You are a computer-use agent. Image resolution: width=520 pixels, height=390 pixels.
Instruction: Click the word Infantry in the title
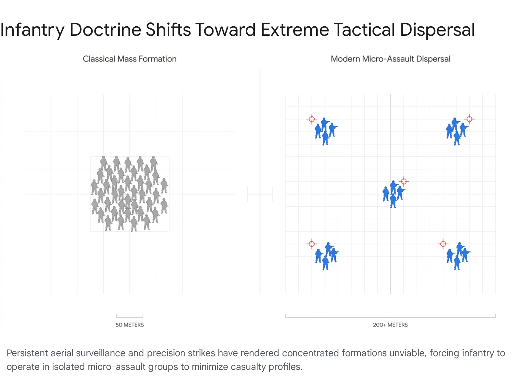[32, 30]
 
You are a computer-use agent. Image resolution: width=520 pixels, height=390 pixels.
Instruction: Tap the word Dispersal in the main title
[437, 30]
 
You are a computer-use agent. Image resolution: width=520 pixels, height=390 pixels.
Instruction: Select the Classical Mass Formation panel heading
[129, 59]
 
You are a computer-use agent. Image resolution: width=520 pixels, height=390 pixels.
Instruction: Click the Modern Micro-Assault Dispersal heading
[390, 59]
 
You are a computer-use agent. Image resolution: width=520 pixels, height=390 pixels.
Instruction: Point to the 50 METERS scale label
[129, 325]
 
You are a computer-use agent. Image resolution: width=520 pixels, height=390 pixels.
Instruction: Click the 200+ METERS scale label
[390, 325]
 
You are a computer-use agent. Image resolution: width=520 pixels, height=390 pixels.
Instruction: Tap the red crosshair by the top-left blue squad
[312, 119]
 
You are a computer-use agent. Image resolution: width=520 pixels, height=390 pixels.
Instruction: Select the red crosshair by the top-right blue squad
[469, 119]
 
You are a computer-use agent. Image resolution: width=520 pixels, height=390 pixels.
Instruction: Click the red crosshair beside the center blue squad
[403, 181]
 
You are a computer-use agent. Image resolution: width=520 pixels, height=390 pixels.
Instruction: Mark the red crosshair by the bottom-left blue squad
[312, 244]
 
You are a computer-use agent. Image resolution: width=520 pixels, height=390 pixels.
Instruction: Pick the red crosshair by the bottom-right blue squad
[443, 244]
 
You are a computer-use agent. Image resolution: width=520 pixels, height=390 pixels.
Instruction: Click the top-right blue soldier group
[457, 131]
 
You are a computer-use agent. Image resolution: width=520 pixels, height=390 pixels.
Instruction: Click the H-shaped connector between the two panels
[260, 194]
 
